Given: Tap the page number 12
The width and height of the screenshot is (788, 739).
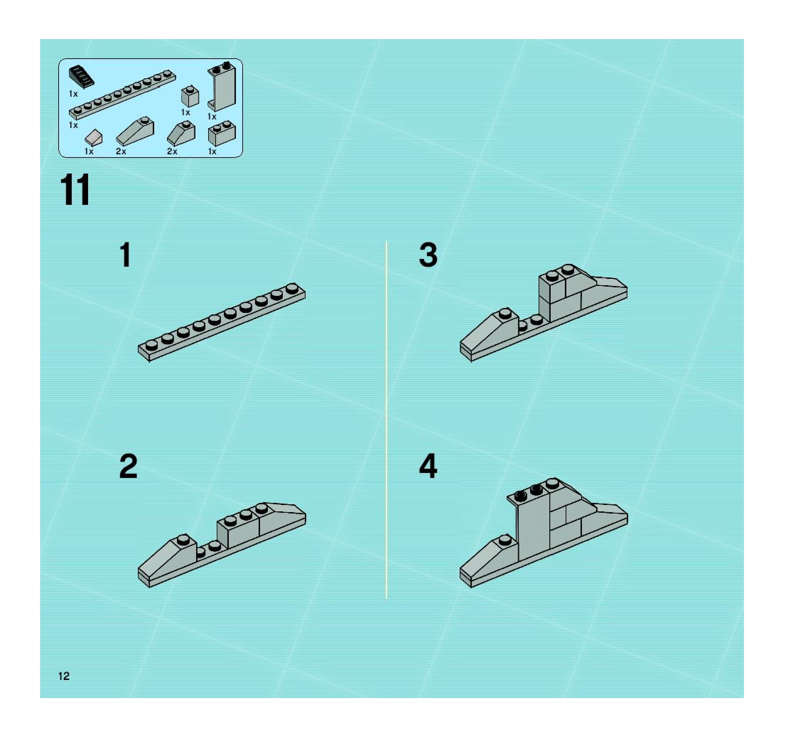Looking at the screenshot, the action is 64,676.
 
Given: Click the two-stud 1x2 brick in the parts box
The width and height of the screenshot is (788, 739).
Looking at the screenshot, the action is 222,133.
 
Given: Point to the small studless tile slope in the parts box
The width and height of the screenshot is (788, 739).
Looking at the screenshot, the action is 93,138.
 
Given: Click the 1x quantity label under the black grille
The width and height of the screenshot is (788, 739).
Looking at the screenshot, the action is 73,94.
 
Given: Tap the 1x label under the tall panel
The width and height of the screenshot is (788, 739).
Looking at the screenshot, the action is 212,117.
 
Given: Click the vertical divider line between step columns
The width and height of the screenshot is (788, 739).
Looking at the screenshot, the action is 387,419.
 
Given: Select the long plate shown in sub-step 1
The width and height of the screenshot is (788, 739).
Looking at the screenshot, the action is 222,323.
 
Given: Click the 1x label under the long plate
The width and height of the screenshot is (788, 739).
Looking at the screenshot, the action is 73,125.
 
